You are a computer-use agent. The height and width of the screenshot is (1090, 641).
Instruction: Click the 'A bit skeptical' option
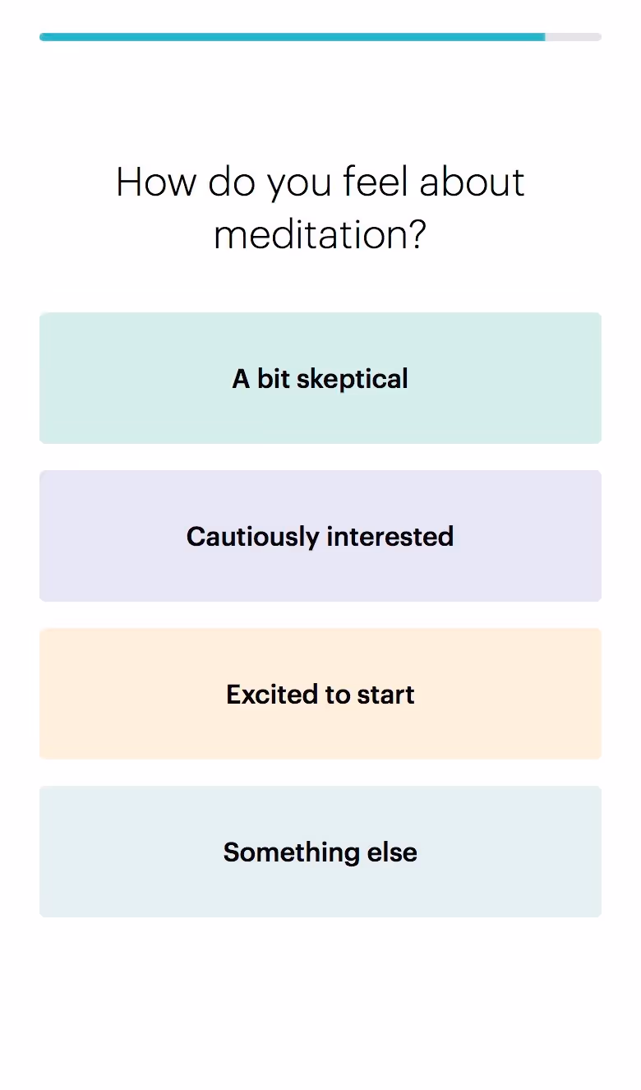(x=320, y=378)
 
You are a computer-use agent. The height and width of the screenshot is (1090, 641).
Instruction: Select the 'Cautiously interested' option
(x=320, y=536)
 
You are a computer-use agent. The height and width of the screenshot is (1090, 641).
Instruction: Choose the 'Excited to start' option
(x=320, y=694)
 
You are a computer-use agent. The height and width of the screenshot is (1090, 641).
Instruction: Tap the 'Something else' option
(x=320, y=852)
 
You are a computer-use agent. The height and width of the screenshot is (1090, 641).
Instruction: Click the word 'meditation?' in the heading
(x=320, y=236)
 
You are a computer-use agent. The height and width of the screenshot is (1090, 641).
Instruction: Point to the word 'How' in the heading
(x=157, y=182)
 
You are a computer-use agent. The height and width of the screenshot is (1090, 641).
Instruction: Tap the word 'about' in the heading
(x=472, y=182)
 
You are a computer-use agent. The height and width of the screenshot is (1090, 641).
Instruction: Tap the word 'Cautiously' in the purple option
(x=252, y=537)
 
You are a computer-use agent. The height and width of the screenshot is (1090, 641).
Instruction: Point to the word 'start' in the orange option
(x=385, y=695)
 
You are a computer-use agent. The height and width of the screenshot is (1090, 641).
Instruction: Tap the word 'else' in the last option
(x=392, y=852)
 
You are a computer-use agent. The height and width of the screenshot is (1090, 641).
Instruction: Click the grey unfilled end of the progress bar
(x=574, y=37)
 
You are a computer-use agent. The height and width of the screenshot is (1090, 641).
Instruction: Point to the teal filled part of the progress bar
(x=292, y=37)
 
